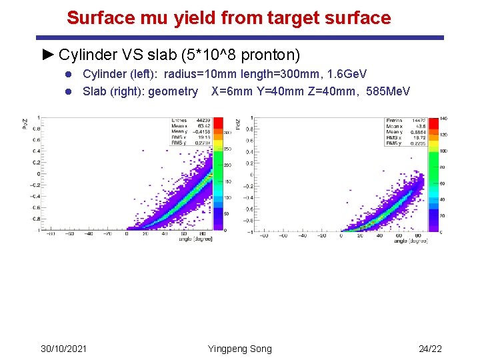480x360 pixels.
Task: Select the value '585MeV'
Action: point(389,91)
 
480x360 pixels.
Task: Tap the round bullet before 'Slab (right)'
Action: point(71,91)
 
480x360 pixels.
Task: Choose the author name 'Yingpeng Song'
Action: point(240,349)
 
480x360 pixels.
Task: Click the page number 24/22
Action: point(431,349)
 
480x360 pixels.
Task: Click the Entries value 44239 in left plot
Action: point(199,120)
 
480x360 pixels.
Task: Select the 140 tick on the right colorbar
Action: point(442,118)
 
